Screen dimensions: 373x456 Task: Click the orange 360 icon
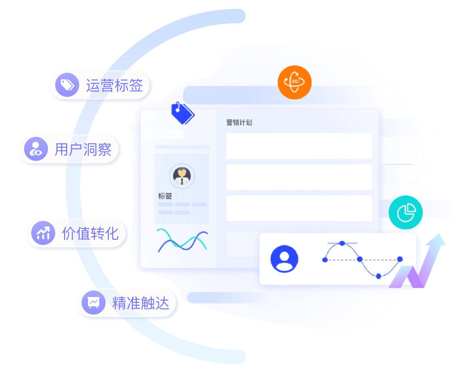click(x=294, y=82)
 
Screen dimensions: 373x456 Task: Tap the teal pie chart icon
click(x=406, y=212)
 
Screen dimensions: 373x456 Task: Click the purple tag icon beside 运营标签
click(x=67, y=85)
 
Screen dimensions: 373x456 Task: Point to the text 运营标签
click(x=114, y=85)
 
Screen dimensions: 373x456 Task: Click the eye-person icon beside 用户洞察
click(x=36, y=149)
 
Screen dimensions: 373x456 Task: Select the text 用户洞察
click(x=83, y=149)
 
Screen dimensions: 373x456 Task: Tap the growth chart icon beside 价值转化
click(x=43, y=233)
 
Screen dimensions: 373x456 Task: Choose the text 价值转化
click(x=90, y=233)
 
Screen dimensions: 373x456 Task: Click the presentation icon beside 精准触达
click(x=93, y=303)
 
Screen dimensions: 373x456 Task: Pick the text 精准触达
click(x=141, y=303)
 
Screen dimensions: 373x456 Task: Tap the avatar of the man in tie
click(x=182, y=176)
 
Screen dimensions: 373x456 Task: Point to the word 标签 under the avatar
click(x=165, y=196)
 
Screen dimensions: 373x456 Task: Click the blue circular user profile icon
click(x=284, y=259)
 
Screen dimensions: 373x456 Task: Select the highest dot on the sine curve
click(x=342, y=243)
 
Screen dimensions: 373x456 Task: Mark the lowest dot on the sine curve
click(x=379, y=276)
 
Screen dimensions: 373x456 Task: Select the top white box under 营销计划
click(x=299, y=146)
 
